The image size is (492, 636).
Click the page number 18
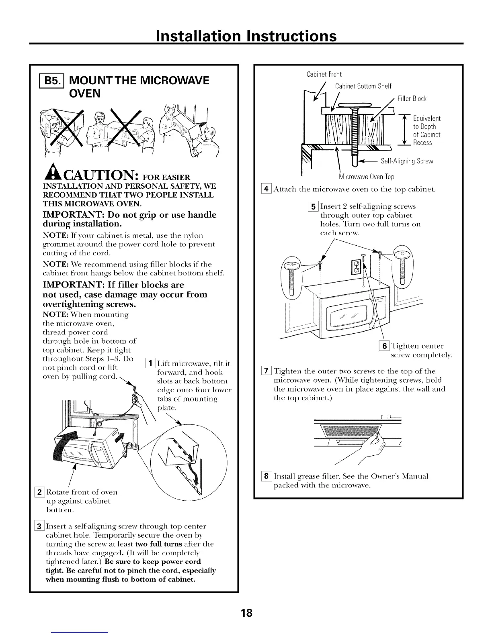pyautogui.click(x=246, y=613)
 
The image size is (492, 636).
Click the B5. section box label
pyautogui.click(x=52, y=81)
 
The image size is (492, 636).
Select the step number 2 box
pyautogui.click(x=41, y=492)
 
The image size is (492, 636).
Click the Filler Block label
pyautogui.click(x=412, y=99)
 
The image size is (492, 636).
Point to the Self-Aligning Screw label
pyautogui.click(x=406, y=161)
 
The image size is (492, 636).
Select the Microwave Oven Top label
pyautogui.click(x=366, y=177)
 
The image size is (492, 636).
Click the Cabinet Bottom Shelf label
pyautogui.click(x=363, y=86)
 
